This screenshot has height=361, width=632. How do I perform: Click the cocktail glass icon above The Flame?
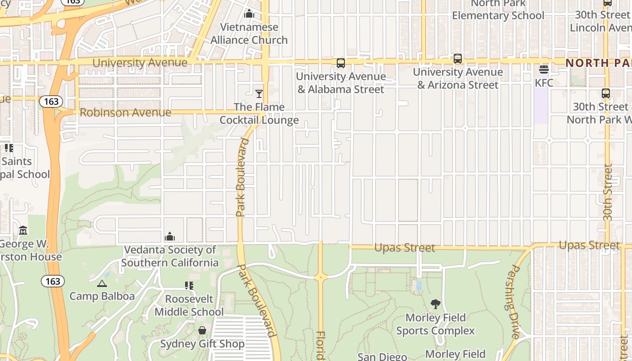tap(259, 94)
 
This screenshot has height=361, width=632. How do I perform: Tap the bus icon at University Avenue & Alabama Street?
tap(341, 63)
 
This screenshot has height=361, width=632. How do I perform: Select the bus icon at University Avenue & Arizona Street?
tap(458, 59)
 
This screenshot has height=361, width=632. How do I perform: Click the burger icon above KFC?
tap(544, 69)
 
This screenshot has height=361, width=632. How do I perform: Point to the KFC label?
tap(544, 83)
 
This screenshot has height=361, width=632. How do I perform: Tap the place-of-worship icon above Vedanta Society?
tap(170, 236)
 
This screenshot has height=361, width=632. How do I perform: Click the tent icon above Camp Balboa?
tap(102, 283)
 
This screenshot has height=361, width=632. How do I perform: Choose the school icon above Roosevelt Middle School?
tap(189, 286)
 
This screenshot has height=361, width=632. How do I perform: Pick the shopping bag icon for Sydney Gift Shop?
tap(202, 331)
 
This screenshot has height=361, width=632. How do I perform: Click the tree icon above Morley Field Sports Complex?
tap(436, 304)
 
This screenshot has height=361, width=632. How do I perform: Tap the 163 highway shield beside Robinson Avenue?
tap(51, 102)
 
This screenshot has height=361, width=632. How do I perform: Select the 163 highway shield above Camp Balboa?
tap(53, 281)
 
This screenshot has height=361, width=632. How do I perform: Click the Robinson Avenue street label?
tap(125, 112)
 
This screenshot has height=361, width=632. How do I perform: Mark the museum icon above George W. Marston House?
tap(23, 231)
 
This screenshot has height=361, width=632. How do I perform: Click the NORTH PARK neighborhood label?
tap(599, 63)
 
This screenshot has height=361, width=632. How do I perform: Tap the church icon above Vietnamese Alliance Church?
tap(249, 14)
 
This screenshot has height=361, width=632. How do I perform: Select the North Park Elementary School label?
tap(498, 10)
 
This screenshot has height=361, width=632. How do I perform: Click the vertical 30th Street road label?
tap(608, 192)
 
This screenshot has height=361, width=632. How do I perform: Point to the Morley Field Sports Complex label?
tap(436, 324)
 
